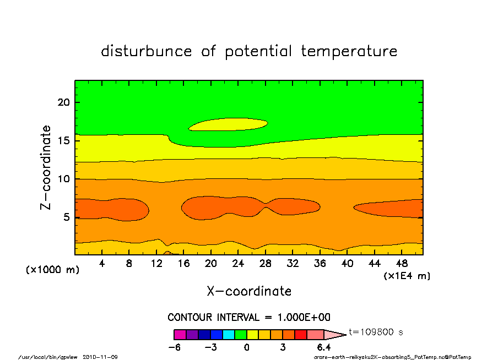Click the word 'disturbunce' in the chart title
pos(147,51)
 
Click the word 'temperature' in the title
pos(349,51)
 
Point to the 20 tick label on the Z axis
pos(63,102)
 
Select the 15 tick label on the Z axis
pos(63,140)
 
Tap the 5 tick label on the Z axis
pos(66,217)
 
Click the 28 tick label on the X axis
pos(265,264)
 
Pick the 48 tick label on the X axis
pos(402,264)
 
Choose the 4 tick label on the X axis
pos(101,264)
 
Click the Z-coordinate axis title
pos(45,167)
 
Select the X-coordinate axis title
pos(249,291)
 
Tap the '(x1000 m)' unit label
pos(52,270)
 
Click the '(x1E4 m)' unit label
pos(407,276)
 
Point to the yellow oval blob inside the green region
pos(228,124)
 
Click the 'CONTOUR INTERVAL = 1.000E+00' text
pos(249,317)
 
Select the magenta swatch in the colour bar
pos(180,335)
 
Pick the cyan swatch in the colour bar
pos(229,335)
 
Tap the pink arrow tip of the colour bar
pos(345,335)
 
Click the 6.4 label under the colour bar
pos(323,347)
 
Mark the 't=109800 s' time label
pos(376,332)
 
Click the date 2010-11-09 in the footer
pos(100,357)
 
